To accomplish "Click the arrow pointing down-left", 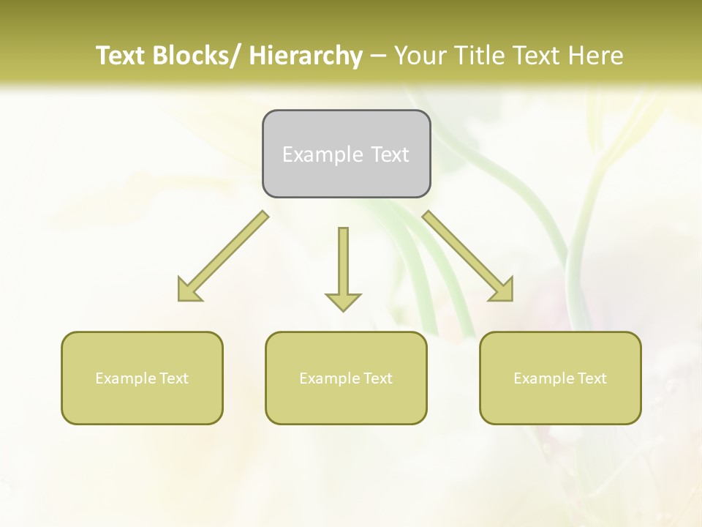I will click(223, 257).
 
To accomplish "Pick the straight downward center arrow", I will click(343, 267).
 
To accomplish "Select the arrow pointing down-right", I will click(468, 257).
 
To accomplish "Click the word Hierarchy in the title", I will click(306, 56).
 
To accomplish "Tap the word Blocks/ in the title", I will click(197, 56).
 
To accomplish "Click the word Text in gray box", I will click(390, 155).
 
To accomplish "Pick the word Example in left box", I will click(126, 378).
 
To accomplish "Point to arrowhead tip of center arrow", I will click(343, 310).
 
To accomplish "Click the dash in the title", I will click(378, 56).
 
